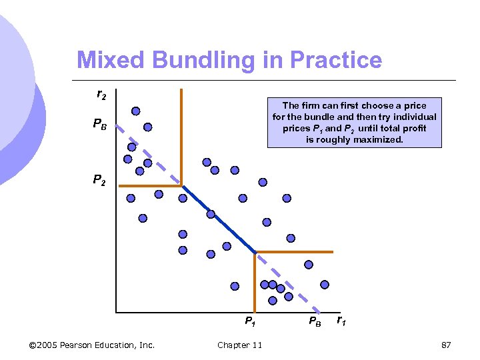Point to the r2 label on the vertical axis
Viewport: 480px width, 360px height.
[x=101, y=95]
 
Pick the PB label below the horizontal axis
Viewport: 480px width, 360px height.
[x=314, y=322]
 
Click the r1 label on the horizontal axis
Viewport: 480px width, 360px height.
[x=340, y=321]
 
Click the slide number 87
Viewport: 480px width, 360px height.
[x=447, y=345]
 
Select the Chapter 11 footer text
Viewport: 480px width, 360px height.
[x=239, y=345]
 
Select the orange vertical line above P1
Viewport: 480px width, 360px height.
[x=255, y=280]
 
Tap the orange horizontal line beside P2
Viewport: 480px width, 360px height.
[x=150, y=186]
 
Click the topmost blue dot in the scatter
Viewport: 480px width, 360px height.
[x=136, y=111]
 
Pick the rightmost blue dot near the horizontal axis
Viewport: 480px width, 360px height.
[x=325, y=285]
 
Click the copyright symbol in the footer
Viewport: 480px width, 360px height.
[x=33, y=345]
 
